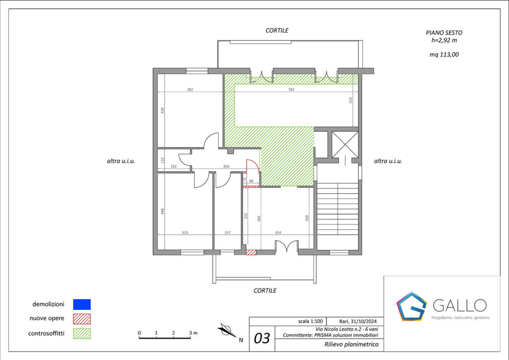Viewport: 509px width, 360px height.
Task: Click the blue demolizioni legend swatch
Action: click(82, 304)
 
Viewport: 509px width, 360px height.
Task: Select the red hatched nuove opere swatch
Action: click(82, 319)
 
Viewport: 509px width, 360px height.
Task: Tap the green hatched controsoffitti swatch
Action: click(82, 333)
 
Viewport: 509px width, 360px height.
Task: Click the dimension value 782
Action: click(291, 90)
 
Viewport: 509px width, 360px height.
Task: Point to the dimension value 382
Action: click(190, 90)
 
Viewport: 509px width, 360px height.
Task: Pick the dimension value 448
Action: click(163, 211)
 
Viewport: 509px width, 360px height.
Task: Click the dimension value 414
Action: click(278, 232)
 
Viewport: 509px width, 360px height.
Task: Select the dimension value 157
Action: click(228, 232)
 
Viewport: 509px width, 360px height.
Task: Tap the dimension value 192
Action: click(173, 167)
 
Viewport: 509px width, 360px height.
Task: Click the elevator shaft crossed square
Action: click(345, 145)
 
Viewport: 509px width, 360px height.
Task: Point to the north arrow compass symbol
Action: click(227, 331)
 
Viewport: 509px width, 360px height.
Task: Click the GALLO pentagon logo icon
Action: click(411, 306)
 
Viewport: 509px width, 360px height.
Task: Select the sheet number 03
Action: click(261, 339)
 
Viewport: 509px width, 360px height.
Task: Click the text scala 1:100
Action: click(310, 321)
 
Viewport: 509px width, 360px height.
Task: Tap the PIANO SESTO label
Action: click(444, 33)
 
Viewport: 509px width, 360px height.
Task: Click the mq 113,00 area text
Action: click(444, 55)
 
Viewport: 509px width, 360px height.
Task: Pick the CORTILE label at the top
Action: click(277, 30)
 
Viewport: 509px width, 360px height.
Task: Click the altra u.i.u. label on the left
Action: click(121, 161)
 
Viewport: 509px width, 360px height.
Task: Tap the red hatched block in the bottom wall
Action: click(251, 252)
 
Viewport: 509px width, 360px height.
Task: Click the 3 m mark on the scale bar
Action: click(193, 333)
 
